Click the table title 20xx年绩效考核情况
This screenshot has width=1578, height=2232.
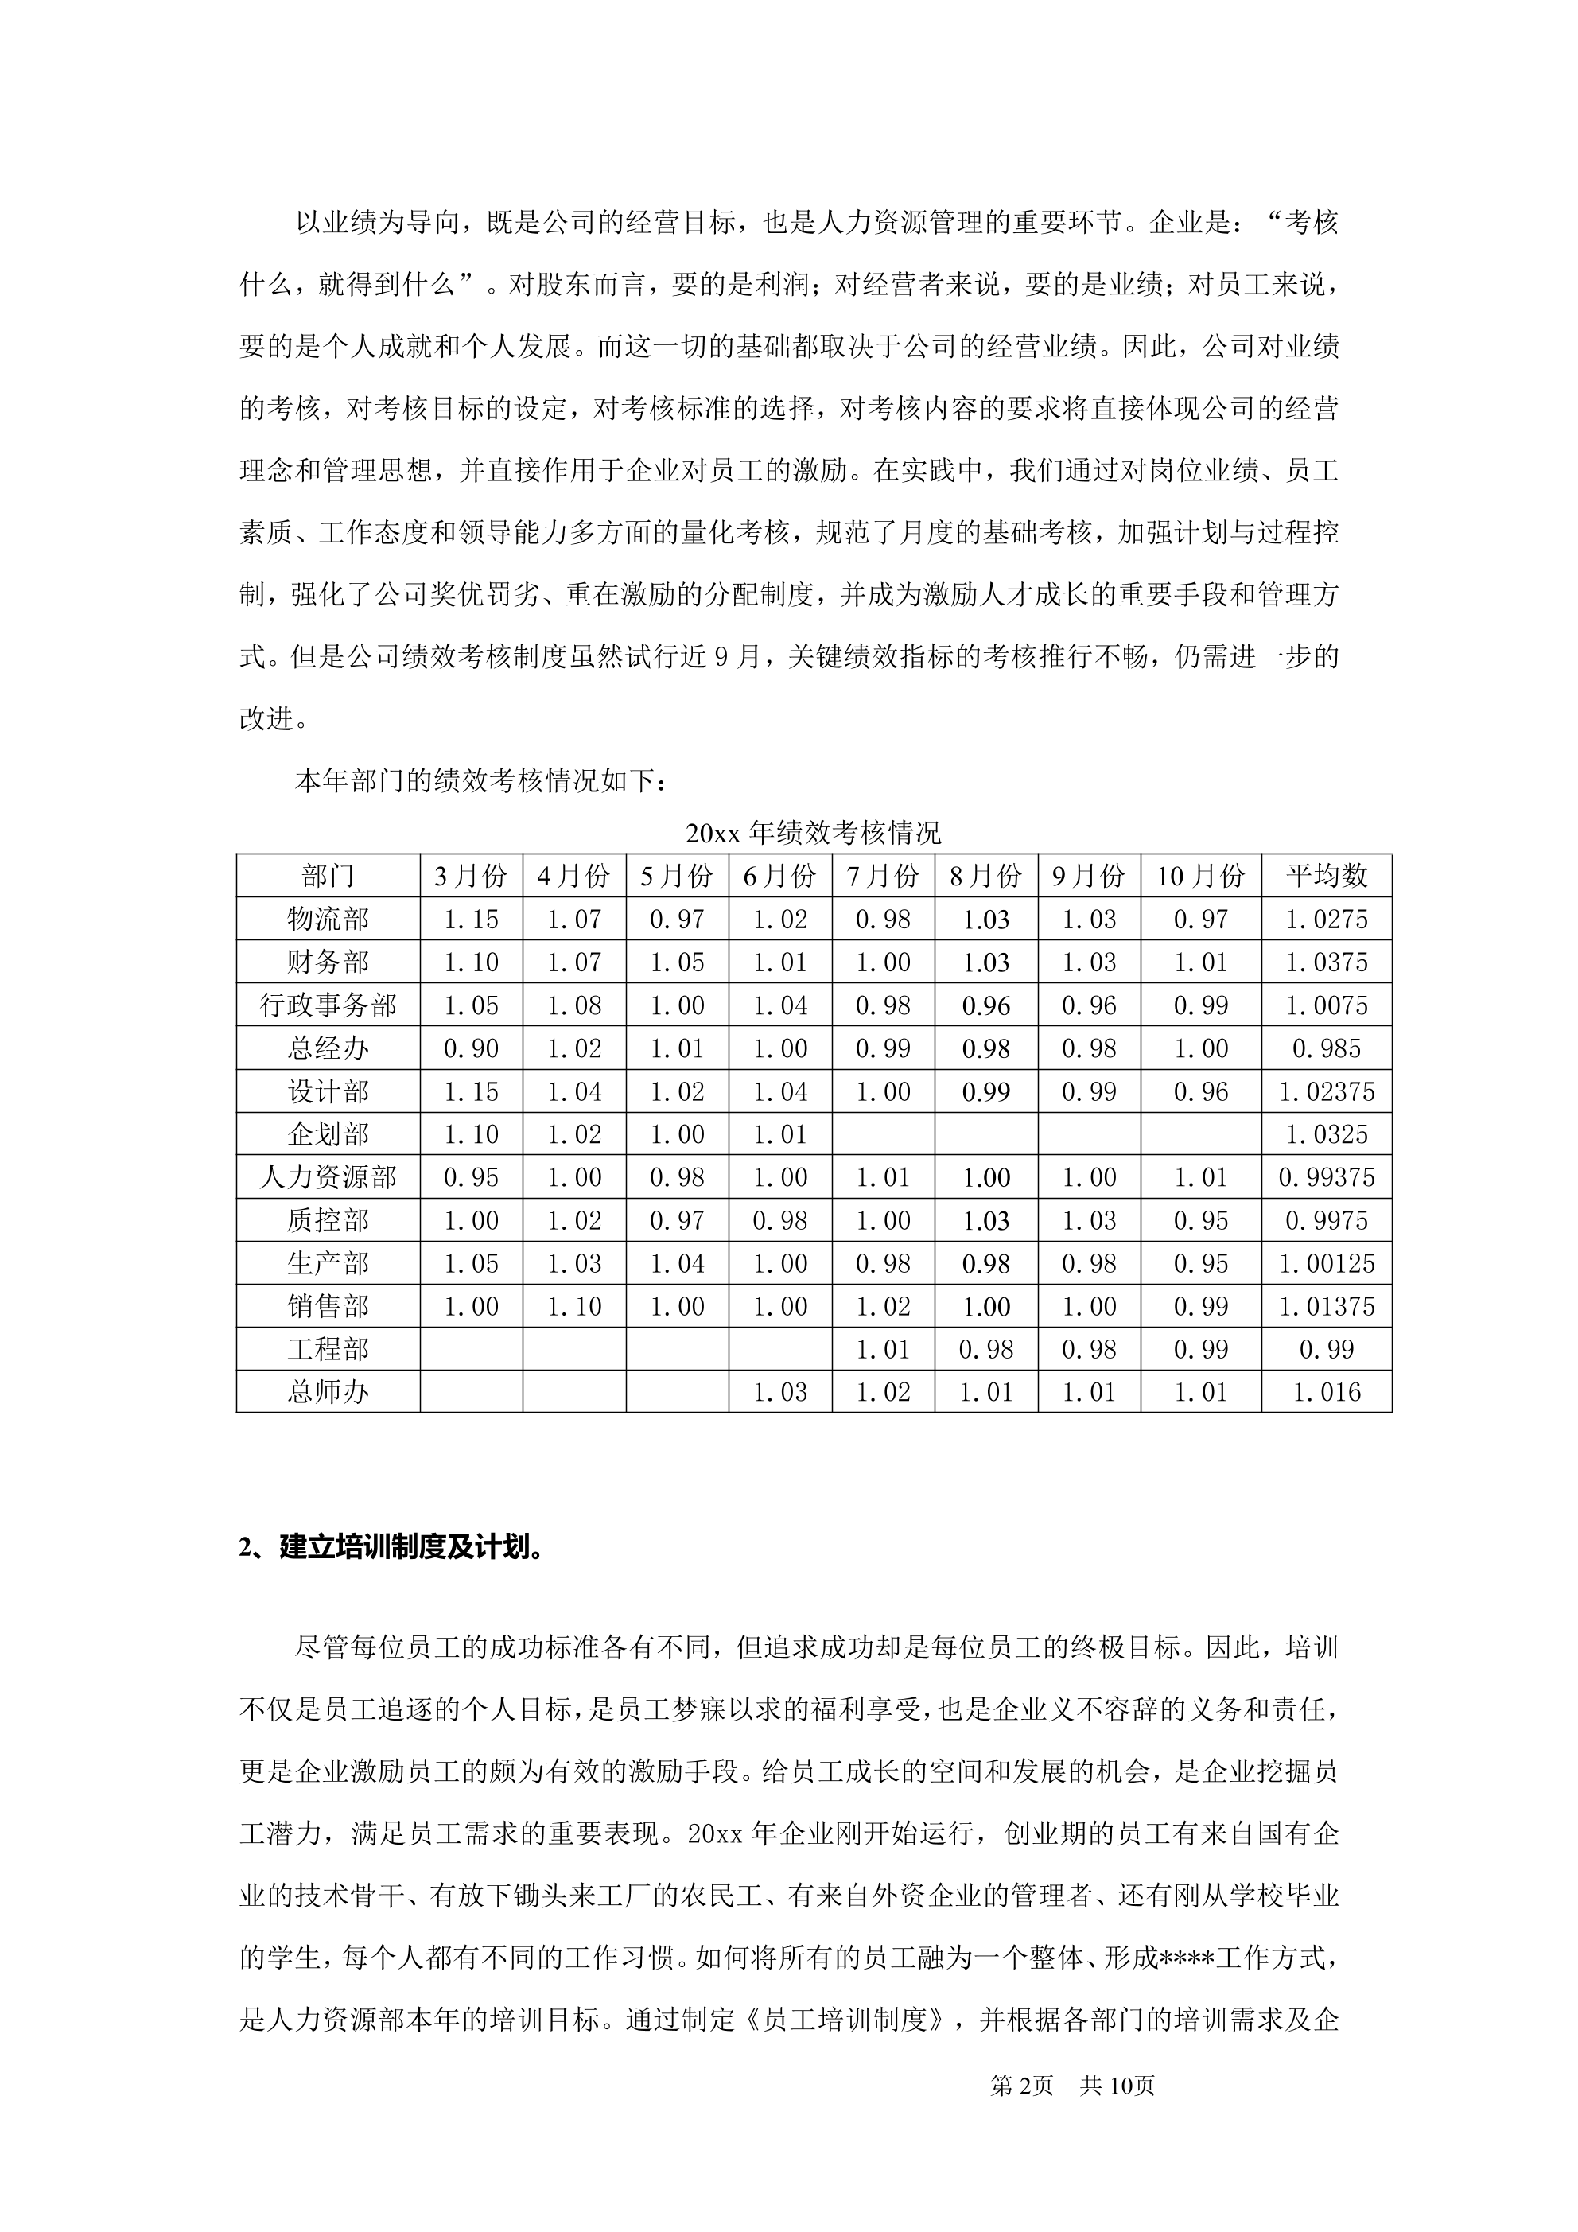click(x=813, y=833)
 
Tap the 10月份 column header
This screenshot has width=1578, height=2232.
click(x=1201, y=876)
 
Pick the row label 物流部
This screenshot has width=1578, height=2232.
click(x=328, y=919)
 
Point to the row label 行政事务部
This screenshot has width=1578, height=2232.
click(x=328, y=1005)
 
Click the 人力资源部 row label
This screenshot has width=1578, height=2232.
click(x=328, y=1177)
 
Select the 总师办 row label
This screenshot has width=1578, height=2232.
click(x=328, y=1392)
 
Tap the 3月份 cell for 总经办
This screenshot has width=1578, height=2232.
click(x=471, y=1048)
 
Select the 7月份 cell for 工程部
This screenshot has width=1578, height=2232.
click(x=883, y=1349)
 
